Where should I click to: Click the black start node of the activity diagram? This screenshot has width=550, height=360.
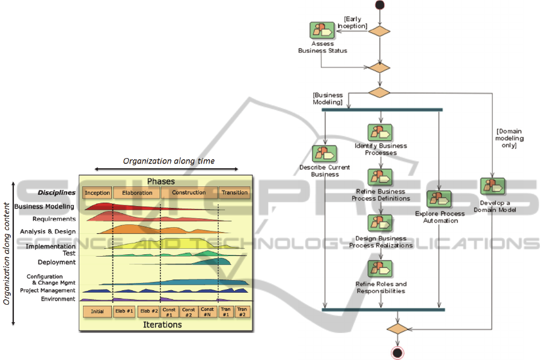pyautogui.click(x=379, y=5)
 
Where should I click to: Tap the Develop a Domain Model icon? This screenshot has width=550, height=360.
pyautogui.click(x=492, y=186)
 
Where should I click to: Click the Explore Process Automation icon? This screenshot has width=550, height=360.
pyautogui.click(x=439, y=200)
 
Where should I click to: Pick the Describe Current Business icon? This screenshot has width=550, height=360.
pyautogui.click(x=324, y=154)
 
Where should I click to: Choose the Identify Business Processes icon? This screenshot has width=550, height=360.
pyautogui.click(x=380, y=133)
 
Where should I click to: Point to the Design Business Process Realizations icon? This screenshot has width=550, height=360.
pyautogui.click(x=380, y=224)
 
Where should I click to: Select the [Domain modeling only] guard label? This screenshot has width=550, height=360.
pyautogui.click(x=509, y=138)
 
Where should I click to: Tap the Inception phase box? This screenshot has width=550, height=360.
pyautogui.click(x=97, y=193)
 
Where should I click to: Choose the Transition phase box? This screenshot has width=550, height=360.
pyautogui.click(x=234, y=193)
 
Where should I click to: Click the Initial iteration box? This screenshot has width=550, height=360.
pyautogui.click(x=97, y=311)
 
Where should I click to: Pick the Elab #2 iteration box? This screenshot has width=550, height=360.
pyautogui.click(x=148, y=311)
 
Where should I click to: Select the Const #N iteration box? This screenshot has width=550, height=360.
pyautogui.click(x=207, y=311)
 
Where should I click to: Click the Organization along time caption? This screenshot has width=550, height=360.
pyautogui.click(x=168, y=161)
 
